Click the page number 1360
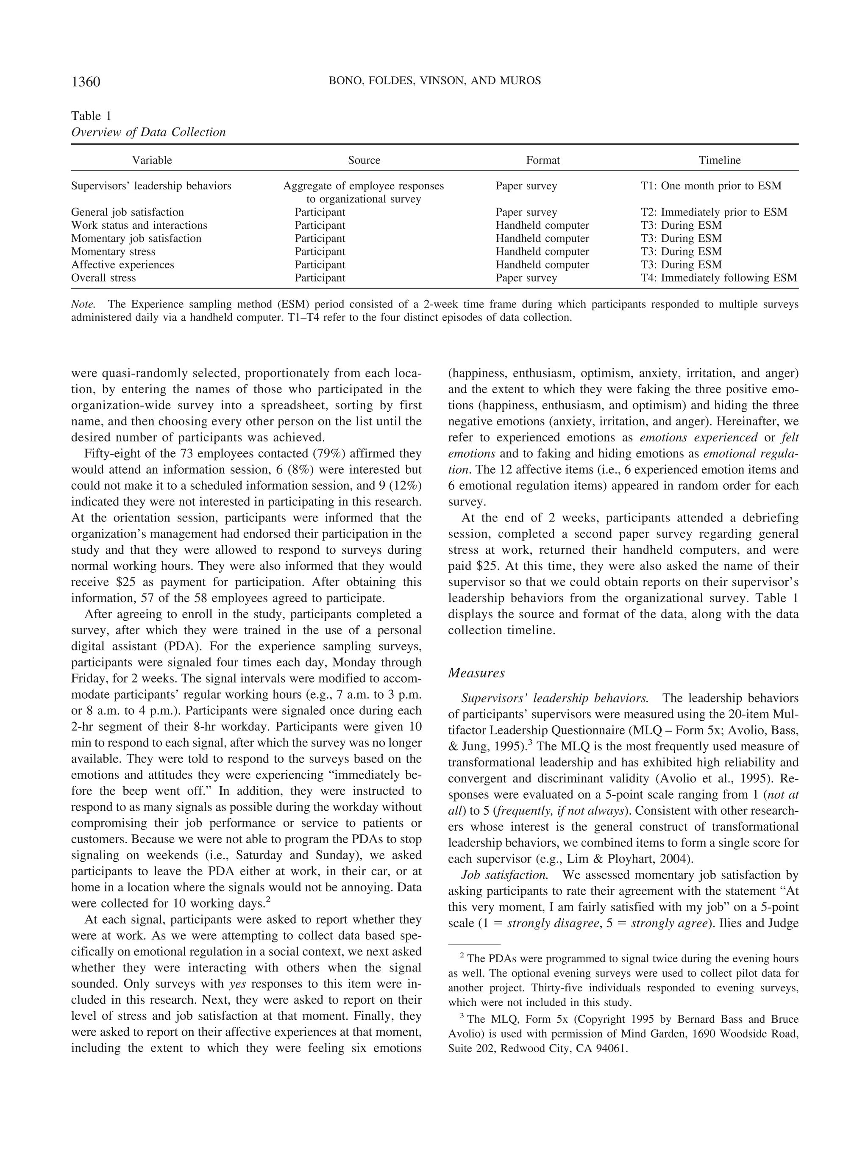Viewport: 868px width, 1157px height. tap(86, 82)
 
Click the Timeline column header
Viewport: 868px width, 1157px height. tap(719, 161)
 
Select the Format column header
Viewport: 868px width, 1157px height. tap(542, 161)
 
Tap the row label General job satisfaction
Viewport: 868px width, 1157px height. tap(127, 212)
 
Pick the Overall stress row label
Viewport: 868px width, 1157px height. tap(103, 278)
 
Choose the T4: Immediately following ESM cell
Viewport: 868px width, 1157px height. tap(719, 278)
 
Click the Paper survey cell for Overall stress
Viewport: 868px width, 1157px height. tap(526, 278)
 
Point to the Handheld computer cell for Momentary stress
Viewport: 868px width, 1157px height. tap(542, 252)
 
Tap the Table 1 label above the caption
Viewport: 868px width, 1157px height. tap(91, 116)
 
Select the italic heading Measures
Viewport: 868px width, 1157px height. tap(476, 673)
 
